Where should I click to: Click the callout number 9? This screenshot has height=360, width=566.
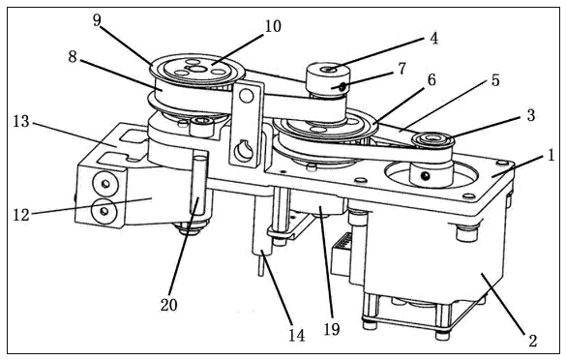pos(97,20)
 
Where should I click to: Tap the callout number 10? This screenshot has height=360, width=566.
pos(273,26)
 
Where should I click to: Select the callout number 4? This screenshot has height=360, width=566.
pos(433,38)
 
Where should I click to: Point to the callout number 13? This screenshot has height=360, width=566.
pos(21,121)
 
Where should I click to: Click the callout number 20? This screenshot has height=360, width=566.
pos(169,305)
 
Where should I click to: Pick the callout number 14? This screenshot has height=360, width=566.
pos(296,336)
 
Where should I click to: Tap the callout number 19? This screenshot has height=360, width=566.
pos(331,329)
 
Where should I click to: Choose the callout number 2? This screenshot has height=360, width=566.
pos(533,341)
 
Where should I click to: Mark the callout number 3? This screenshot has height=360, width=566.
pos(530,115)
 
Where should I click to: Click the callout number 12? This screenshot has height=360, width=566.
pos(21,215)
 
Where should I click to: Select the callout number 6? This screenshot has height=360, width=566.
pos(432,79)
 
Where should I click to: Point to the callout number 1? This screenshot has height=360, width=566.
pos(551,156)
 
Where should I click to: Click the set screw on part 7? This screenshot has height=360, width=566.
pos(342,86)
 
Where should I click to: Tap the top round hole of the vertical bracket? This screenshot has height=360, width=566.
pos(247,96)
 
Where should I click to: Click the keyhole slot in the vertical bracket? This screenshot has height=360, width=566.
pos(242,151)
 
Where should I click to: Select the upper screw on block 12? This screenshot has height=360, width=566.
pos(105,184)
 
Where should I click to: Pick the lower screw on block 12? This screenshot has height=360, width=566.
pos(104,211)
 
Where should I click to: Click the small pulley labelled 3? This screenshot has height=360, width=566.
pos(432,141)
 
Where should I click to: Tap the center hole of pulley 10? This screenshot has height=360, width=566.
pos(197,69)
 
